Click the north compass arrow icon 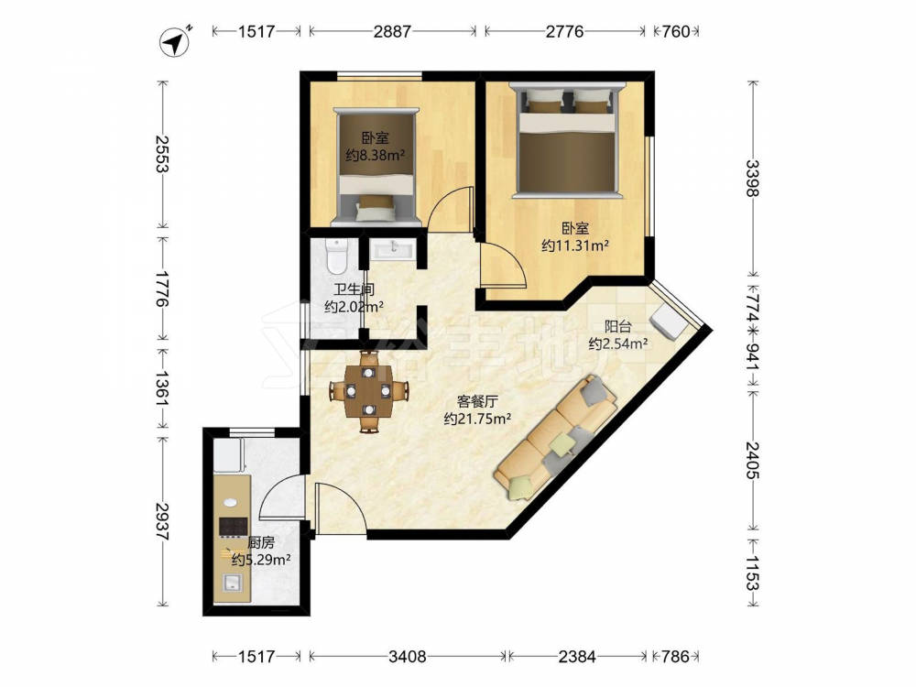[x=175, y=41]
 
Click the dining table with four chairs [x=368, y=391]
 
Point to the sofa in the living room [x=556, y=438]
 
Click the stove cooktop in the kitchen [x=233, y=527]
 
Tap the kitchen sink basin [x=233, y=583]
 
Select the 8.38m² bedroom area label [x=376, y=156]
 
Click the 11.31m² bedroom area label [x=575, y=245]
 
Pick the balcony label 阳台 [x=617, y=326]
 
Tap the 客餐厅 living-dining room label [x=476, y=402]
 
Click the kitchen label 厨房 [x=260, y=543]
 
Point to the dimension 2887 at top [x=392, y=31]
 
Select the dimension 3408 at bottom [x=408, y=657]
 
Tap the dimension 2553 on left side [x=162, y=154]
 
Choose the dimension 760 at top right [x=676, y=31]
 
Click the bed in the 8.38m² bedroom [x=376, y=167]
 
